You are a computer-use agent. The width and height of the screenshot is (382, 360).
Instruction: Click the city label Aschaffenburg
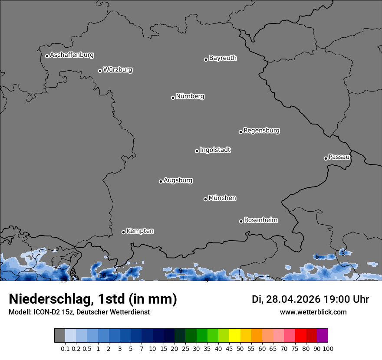(x=72, y=55)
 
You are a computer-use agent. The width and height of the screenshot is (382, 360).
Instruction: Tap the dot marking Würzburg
(x=100, y=71)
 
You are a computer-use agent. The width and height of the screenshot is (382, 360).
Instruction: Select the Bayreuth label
(x=223, y=58)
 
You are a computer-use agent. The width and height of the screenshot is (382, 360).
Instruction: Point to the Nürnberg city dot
(x=173, y=98)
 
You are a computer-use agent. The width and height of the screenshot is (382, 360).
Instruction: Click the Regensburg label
(x=261, y=131)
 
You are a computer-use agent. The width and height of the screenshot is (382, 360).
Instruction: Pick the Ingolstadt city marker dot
(x=197, y=151)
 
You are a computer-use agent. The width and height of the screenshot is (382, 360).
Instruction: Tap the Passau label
(x=339, y=157)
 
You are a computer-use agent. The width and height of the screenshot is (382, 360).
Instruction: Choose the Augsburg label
(x=178, y=180)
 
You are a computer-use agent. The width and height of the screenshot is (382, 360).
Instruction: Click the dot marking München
(x=205, y=199)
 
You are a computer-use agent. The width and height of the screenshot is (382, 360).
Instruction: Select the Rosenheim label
(x=260, y=220)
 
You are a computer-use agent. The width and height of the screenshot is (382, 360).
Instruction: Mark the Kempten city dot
(x=123, y=232)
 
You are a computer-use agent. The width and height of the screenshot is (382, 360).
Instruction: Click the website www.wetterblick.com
(x=313, y=312)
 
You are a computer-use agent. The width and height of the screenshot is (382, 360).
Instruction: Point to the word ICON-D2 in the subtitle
(x=46, y=312)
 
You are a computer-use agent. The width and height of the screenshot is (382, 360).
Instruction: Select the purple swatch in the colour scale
(x=323, y=336)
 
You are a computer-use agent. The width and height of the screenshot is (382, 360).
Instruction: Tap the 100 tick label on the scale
(x=328, y=348)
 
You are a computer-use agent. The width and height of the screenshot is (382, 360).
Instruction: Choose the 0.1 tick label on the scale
(x=65, y=348)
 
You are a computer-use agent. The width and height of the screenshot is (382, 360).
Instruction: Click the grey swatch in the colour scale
(x=60, y=336)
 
